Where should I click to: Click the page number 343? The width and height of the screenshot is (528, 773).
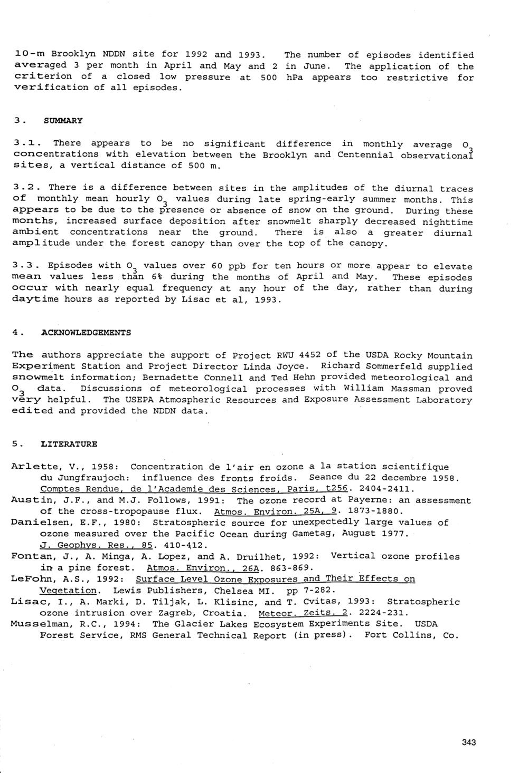click(x=468, y=742)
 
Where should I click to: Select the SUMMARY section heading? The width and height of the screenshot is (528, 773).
click(x=63, y=121)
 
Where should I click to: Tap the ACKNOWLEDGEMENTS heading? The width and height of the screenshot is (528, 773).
click(x=86, y=333)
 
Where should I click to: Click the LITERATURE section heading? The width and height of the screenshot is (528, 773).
click(x=69, y=444)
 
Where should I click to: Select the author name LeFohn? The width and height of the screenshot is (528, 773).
click(x=31, y=579)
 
